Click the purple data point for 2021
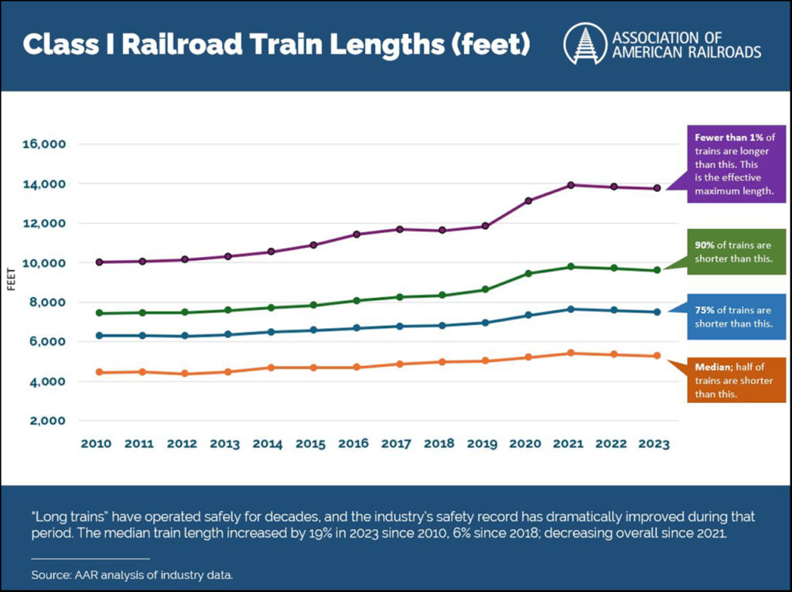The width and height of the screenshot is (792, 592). pos(571,185)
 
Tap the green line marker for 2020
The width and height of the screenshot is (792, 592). pos(528,273)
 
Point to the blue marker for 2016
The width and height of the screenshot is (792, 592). pos(356,328)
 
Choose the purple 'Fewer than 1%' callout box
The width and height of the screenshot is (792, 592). pos(730,164)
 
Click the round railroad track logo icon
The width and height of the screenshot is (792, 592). pos(584,43)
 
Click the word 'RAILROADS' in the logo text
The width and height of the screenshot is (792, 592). pos(724,53)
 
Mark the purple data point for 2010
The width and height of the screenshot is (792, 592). pos(98,262)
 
